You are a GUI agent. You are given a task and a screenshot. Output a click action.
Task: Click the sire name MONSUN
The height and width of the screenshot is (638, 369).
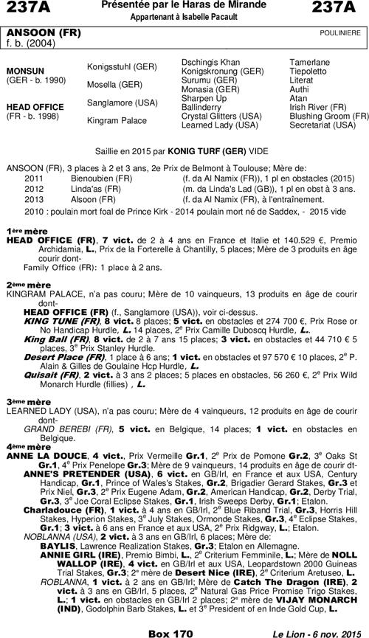point(24,71)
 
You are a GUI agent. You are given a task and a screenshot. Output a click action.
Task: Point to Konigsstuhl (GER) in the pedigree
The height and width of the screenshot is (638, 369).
point(122,66)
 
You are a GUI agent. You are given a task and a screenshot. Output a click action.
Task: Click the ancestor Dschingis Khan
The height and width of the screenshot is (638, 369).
point(210,62)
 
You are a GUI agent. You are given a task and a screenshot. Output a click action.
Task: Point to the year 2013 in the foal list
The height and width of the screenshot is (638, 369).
point(34,198)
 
